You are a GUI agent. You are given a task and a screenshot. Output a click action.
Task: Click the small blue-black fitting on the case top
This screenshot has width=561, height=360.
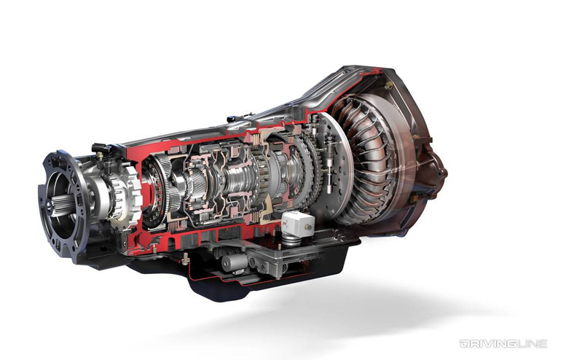pos(232,118)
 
